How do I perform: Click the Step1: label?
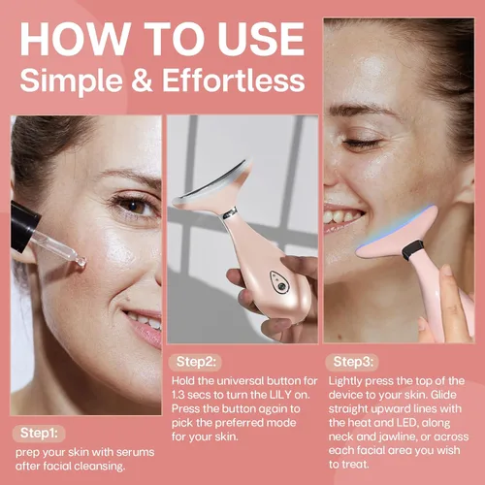[x=39, y=434]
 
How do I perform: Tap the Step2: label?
[x=196, y=362]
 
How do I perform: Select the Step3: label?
[x=353, y=362]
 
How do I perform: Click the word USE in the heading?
[x=261, y=40]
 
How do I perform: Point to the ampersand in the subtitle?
[x=142, y=81]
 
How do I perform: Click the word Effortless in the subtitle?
[x=234, y=81]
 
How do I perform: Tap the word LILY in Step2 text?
[x=280, y=395]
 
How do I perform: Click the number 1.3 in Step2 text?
[x=178, y=395]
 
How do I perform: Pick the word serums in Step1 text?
[x=135, y=452]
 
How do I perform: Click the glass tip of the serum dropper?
[x=81, y=261]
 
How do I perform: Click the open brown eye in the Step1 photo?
[x=134, y=206]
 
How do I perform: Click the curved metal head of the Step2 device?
[x=213, y=181]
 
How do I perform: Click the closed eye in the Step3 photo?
[x=362, y=143]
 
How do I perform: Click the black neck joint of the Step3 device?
[x=412, y=249]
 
